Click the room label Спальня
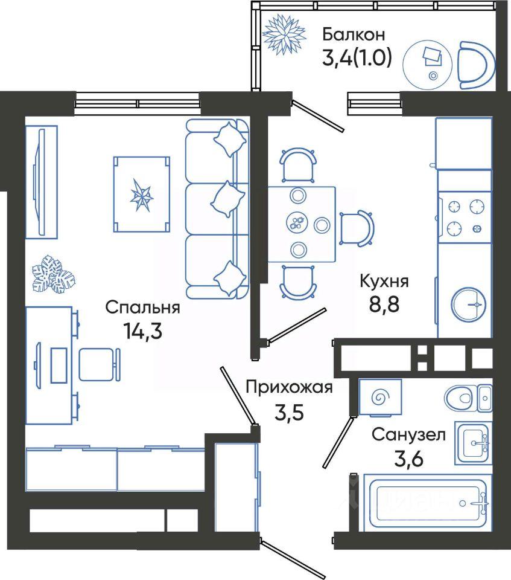pyautogui.click(x=142, y=308)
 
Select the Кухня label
pyautogui.click(x=384, y=282)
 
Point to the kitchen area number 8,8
pyautogui.click(x=384, y=304)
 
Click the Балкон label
pyautogui.click(x=354, y=34)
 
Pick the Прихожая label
pyautogui.click(x=290, y=388)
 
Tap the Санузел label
pyautogui.click(x=408, y=434)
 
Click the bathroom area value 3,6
pyautogui.click(x=408, y=459)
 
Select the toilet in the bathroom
pyautogui.click(x=468, y=398)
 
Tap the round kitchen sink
pyautogui.click(x=469, y=304)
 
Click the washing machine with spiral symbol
pyautogui.click(x=380, y=398)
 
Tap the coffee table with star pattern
pyautogui.click(x=142, y=194)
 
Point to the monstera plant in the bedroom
pyautogui.click(x=54, y=274)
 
